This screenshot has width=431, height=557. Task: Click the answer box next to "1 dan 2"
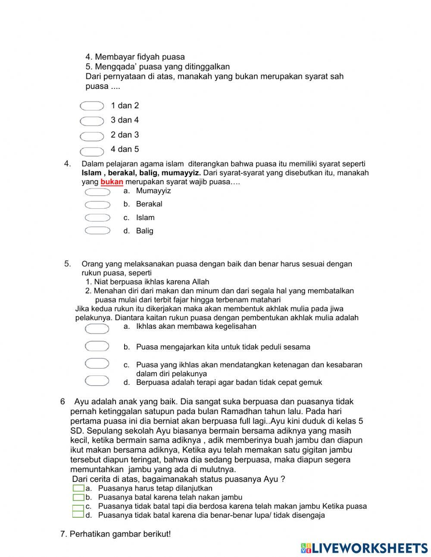click(92, 106)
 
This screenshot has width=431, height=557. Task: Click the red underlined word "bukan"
click(112, 182)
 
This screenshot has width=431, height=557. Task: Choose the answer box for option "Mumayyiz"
click(97, 192)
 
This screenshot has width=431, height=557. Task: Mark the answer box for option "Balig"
click(97, 231)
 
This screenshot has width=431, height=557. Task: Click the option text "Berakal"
click(149, 204)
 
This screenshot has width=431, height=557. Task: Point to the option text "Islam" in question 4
click(145, 218)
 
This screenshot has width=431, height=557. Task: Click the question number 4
click(67, 164)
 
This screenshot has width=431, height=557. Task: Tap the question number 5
click(67, 264)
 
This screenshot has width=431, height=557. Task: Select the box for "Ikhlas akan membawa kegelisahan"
click(97, 329)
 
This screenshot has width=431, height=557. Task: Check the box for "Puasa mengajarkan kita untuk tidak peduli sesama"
click(97, 346)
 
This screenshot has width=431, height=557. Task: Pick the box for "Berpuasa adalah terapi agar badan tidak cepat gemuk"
click(97, 381)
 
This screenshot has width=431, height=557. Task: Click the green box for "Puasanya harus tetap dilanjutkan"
click(78, 488)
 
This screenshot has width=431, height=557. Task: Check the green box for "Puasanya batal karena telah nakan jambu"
click(78, 497)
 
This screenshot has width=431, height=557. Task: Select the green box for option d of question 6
click(78, 514)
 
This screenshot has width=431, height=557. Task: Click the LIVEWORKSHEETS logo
click(364, 548)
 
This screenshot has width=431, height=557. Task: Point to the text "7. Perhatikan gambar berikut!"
click(116, 534)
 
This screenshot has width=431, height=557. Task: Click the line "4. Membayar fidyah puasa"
click(135, 57)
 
